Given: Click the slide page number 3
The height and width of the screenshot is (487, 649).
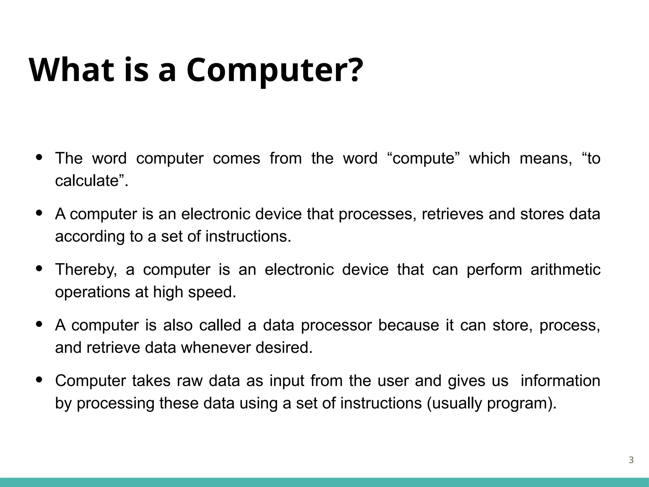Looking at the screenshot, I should (631, 460).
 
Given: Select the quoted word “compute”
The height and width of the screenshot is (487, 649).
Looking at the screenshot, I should (423, 158).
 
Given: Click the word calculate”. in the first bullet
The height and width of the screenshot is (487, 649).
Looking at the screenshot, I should (92, 181).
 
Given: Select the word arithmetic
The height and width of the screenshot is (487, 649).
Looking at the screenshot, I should (565, 270).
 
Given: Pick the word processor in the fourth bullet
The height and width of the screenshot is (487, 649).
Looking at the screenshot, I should (336, 325).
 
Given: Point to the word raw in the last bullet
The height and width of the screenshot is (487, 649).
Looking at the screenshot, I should (190, 381).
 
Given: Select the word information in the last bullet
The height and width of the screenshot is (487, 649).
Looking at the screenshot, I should (560, 381).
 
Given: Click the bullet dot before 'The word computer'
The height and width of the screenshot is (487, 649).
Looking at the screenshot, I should (39, 157).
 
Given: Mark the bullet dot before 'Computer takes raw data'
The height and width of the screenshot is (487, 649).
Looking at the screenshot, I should (39, 380).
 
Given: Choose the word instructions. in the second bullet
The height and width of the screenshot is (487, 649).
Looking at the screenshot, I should (248, 237).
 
